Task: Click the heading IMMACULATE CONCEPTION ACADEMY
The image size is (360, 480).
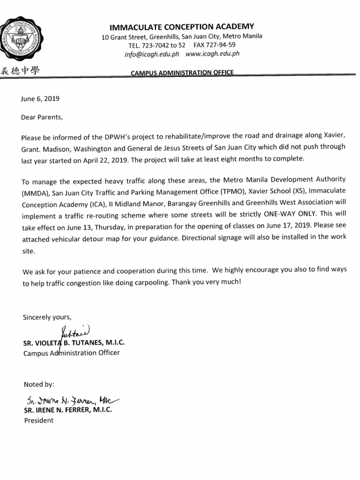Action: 182,26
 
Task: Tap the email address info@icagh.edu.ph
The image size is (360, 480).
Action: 152,53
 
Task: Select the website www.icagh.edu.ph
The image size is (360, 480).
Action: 212,53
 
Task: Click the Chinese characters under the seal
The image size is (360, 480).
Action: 20,70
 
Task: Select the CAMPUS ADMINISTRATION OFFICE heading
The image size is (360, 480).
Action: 182,73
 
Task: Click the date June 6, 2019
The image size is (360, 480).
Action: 40,98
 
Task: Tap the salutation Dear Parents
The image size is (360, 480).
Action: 42,118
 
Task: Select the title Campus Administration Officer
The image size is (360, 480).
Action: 71,352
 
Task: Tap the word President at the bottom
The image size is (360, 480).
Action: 39,420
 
